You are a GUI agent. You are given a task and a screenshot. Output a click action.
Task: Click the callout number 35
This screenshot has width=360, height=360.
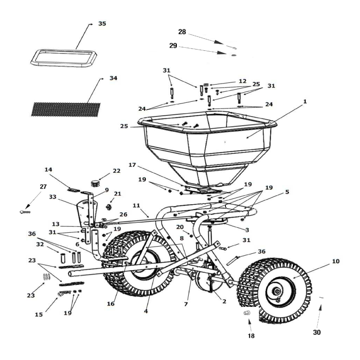pos(102,23)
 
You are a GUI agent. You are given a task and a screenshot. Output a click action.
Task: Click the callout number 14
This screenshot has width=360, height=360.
pos(48,170)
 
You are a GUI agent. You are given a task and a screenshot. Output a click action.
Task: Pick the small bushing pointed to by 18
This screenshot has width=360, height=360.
pos(247,313)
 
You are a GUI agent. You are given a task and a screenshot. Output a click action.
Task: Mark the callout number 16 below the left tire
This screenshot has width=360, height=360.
pos(111,304)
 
